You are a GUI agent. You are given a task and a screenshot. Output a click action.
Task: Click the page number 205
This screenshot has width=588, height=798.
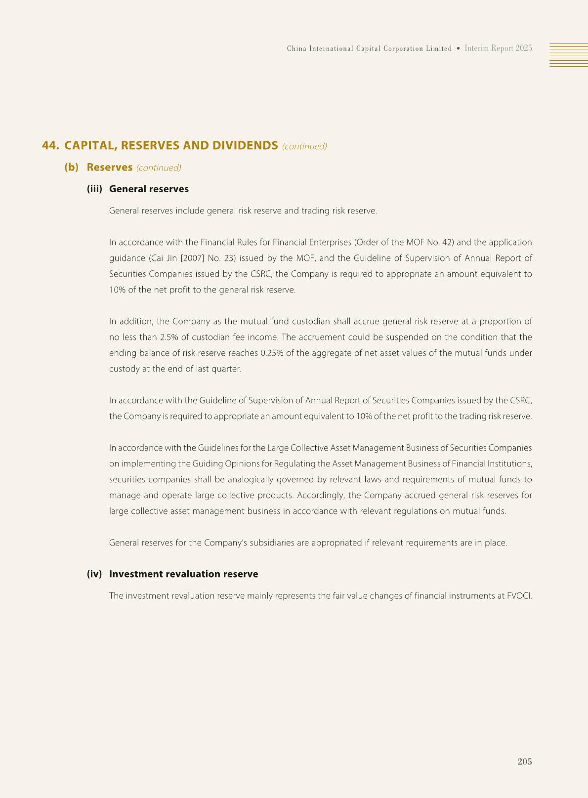(x=524, y=761)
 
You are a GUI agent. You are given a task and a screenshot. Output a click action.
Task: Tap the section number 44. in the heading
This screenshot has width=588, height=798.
(x=50, y=146)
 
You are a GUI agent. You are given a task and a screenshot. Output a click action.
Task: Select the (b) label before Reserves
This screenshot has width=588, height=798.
(x=72, y=167)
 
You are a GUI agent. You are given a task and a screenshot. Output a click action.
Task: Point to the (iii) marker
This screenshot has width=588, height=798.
(x=94, y=189)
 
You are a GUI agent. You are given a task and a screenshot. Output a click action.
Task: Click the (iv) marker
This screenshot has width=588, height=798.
(x=94, y=574)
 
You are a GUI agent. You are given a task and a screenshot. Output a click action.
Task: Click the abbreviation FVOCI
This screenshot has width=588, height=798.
(x=519, y=595)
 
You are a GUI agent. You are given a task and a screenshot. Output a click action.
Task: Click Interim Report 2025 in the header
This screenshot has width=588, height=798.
(x=498, y=48)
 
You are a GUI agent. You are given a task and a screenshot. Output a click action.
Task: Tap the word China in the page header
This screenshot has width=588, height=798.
(x=296, y=48)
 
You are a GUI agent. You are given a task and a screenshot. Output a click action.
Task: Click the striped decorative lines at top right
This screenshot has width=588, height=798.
(x=568, y=54)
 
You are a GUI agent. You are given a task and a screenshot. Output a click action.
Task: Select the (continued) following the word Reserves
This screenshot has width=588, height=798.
(x=159, y=168)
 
